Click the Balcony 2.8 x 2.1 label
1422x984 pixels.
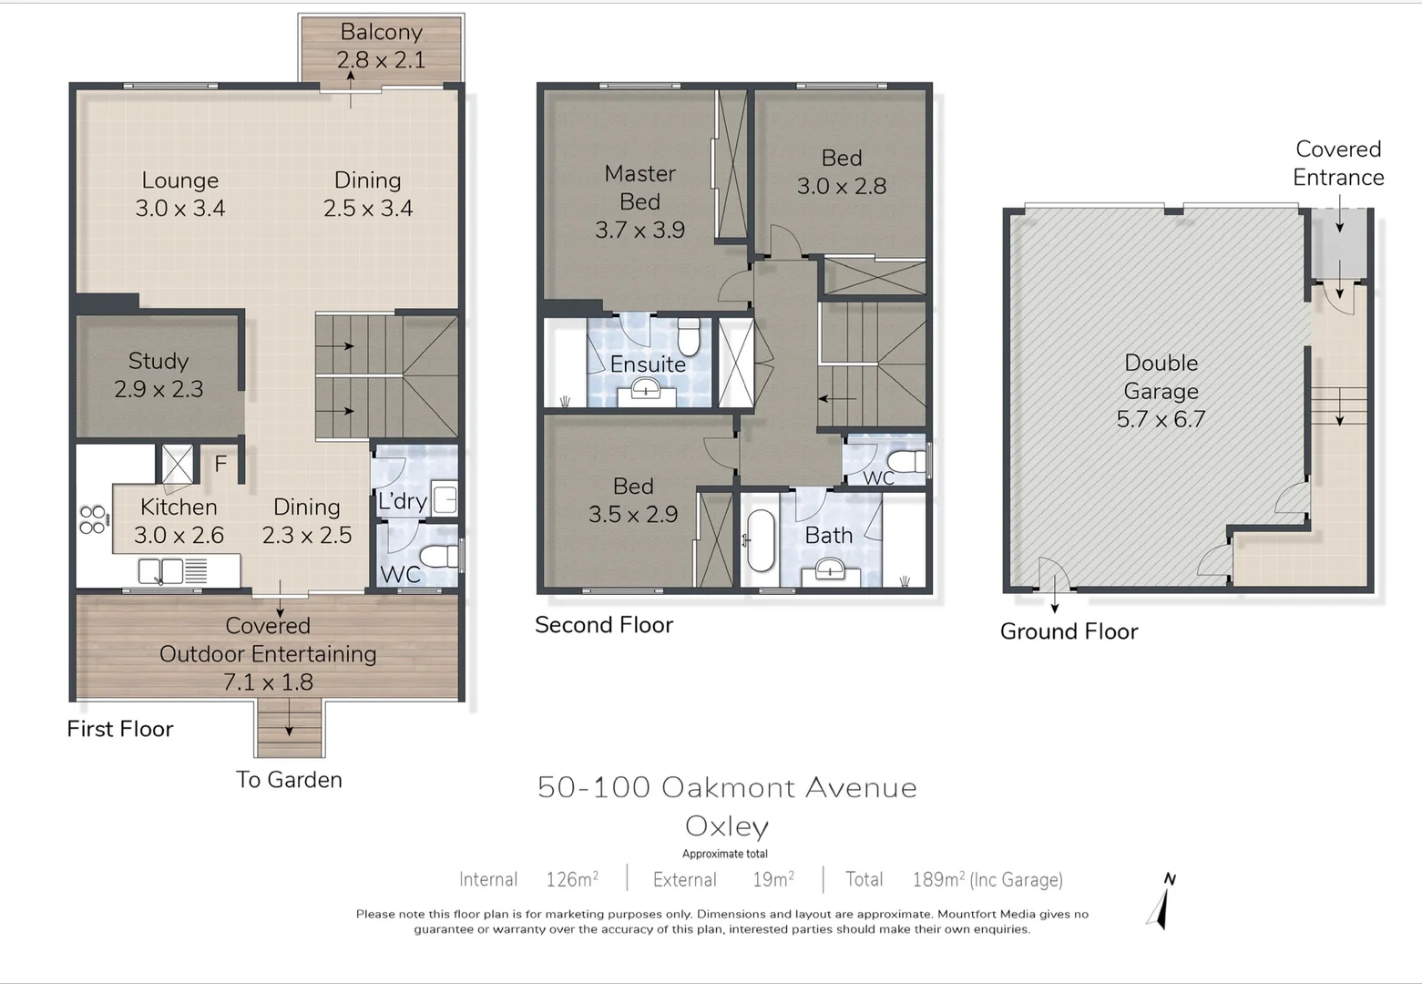pos(381,46)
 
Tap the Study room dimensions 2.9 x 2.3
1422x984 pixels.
pos(159,389)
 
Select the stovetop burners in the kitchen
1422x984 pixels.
pos(93,519)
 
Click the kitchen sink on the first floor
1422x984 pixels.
pos(160,572)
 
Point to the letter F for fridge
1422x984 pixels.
pos(220,465)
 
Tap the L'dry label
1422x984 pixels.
pos(402,501)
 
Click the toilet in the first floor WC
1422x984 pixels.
pos(441,555)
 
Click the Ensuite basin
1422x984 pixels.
pos(647,391)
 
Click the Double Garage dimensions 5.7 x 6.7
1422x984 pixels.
pos(1161,419)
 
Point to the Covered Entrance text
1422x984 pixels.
pos(1338,163)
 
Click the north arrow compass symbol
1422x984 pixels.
pos(1163,901)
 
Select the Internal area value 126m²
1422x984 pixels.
pos(572,879)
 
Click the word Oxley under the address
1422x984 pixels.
pos(727,826)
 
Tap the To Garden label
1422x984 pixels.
pos(289,780)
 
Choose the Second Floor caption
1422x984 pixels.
pos(603,625)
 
